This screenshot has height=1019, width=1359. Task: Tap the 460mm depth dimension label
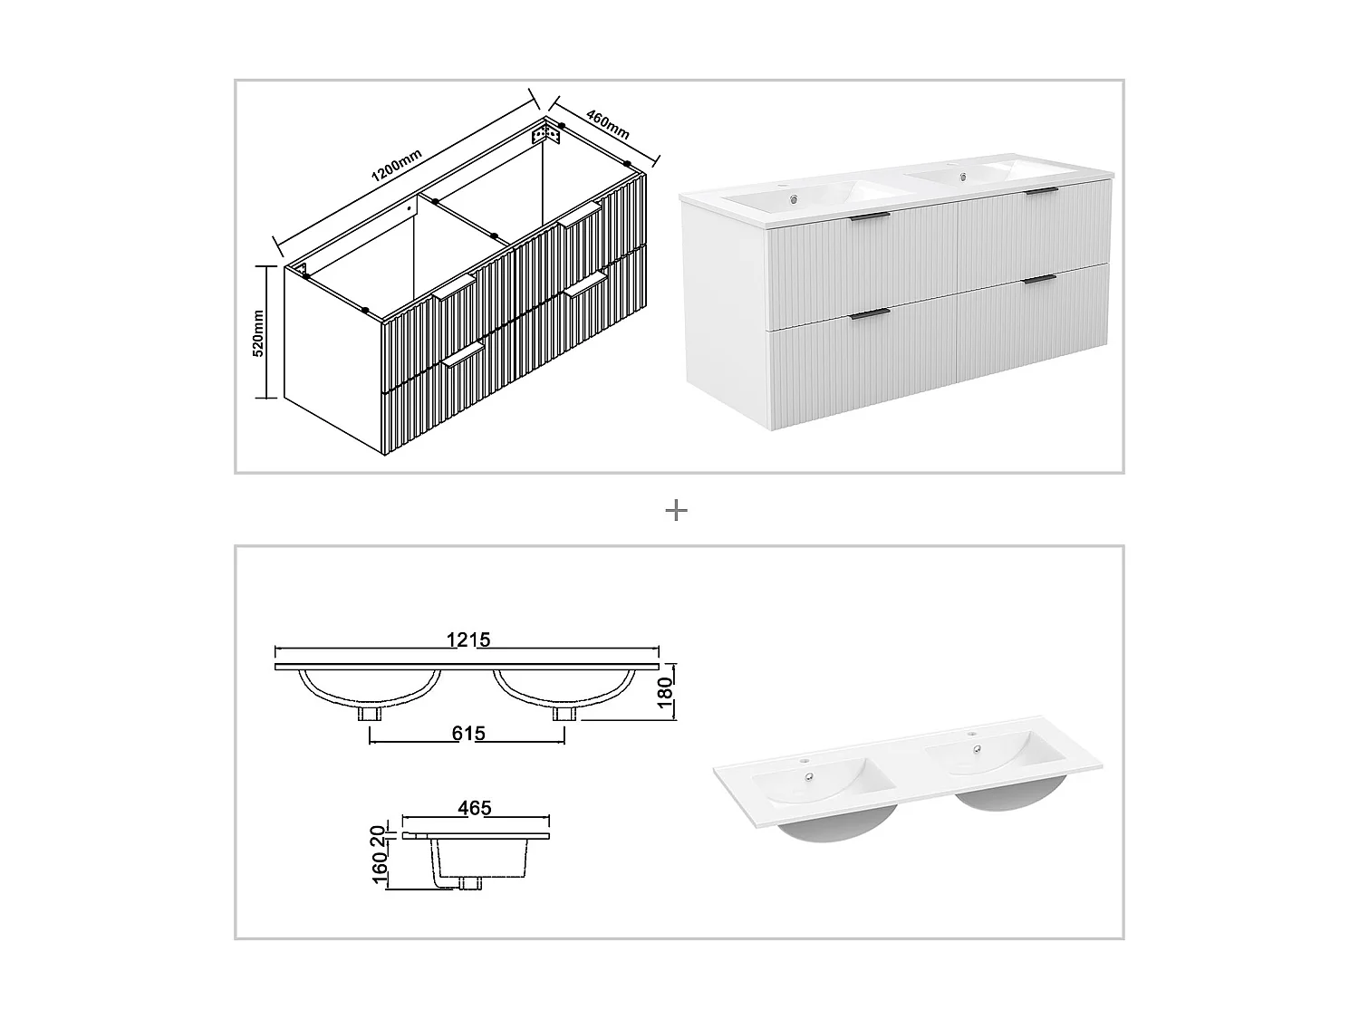(x=608, y=124)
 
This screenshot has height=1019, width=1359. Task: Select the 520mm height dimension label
(x=257, y=332)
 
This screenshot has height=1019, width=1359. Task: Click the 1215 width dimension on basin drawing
(x=467, y=639)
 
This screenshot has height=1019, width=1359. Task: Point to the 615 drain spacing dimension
(x=467, y=733)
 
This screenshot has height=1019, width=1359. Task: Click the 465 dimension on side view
(x=474, y=808)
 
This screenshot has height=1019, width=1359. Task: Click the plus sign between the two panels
(x=676, y=511)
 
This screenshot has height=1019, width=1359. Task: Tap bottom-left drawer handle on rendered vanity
(x=871, y=313)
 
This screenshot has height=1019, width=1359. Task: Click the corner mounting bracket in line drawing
(x=546, y=135)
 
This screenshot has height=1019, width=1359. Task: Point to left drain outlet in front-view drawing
(x=370, y=714)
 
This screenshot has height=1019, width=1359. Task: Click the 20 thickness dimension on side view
(x=381, y=831)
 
